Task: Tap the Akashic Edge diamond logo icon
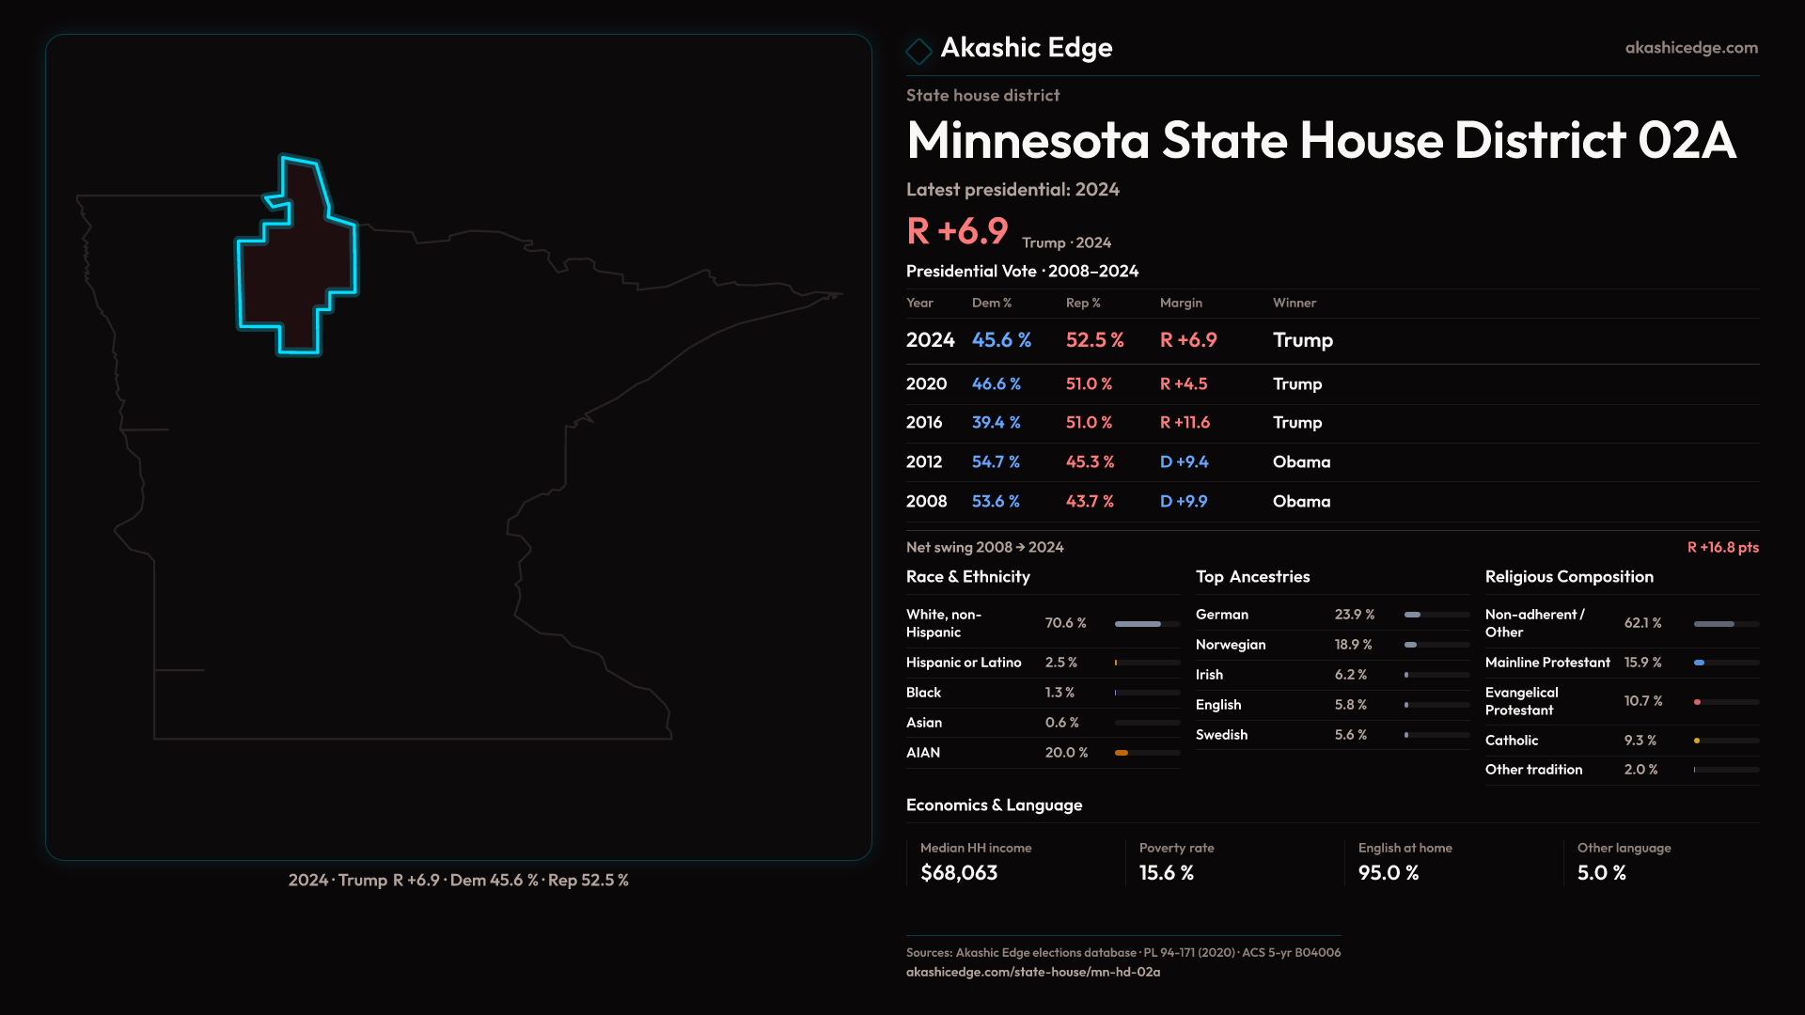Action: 918,50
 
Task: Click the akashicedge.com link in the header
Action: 1690,48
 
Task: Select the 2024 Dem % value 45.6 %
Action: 1001,340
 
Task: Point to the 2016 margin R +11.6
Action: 1185,423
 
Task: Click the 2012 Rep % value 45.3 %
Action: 1090,462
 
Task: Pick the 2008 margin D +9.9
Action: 1184,502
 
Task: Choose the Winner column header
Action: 1294,303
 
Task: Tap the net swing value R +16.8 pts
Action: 1722,547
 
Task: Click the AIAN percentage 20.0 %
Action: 1066,753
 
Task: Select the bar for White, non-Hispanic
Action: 1147,624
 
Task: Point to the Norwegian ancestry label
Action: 1230,645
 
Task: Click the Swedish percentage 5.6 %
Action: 1350,735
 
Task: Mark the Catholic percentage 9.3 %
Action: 1640,741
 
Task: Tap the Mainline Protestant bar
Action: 1726,663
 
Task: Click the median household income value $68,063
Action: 959,873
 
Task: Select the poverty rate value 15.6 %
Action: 1166,873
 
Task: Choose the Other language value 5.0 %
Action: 1601,873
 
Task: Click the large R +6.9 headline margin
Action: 957,231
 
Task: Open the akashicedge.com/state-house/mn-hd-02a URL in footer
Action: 1032,973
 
